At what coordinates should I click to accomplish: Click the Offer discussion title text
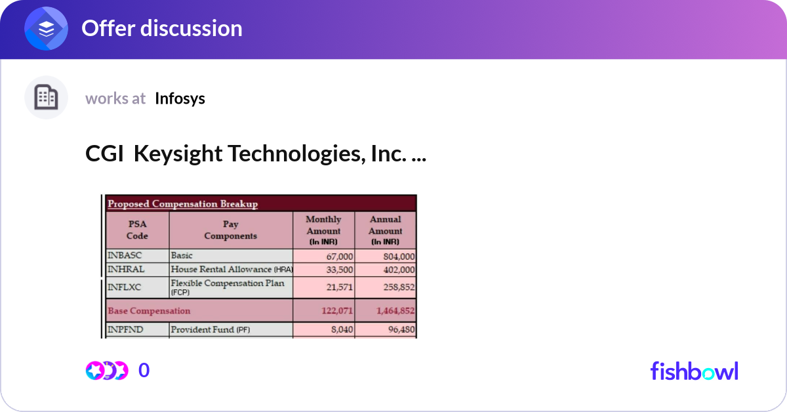tap(161, 28)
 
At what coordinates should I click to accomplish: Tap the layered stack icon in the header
tap(46, 29)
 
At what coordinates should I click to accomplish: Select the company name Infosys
tap(180, 98)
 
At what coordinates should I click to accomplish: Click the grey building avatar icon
tap(46, 98)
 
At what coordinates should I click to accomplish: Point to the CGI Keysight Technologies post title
tap(255, 154)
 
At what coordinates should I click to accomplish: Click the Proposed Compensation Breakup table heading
tap(183, 203)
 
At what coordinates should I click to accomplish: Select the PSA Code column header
tap(138, 230)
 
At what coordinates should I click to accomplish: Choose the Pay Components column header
tap(230, 230)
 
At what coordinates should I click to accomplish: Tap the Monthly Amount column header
tap(323, 230)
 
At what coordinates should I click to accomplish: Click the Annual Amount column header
tap(385, 230)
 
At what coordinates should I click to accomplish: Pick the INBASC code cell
tap(125, 256)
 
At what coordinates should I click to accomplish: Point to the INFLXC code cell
tap(125, 287)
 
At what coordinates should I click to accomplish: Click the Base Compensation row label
tap(150, 311)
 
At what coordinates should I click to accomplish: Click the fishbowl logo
tap(694, 371)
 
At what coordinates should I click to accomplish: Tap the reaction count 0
tap(144, 371)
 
